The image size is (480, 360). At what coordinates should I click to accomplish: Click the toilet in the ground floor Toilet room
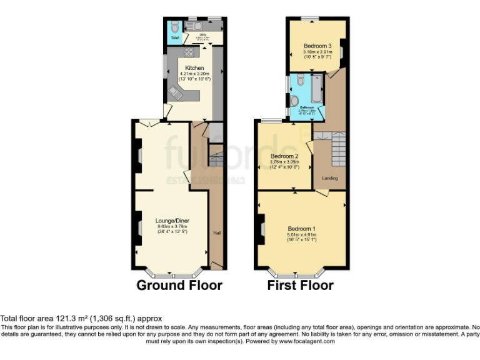[x=174, y=27]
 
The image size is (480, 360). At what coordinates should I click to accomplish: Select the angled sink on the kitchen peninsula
[x=176, y=94]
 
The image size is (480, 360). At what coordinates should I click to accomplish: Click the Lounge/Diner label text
[x=172, y=220]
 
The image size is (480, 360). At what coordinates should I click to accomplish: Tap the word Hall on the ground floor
[x=217, y=233]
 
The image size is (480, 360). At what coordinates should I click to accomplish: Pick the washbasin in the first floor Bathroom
[x=295, y=101]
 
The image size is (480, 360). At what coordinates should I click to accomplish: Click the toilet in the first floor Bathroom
[x=301, y=80]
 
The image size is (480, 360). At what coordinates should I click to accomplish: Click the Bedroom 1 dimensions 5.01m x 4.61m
[x=302, y=234]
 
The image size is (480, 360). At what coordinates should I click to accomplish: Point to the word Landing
[x=329, y=178]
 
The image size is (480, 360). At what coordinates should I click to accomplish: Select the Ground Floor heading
[x=179, y=286]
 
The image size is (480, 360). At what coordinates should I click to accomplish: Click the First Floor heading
[x=301, y=286]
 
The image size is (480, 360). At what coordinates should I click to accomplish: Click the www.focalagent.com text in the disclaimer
[x=307, y=341]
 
